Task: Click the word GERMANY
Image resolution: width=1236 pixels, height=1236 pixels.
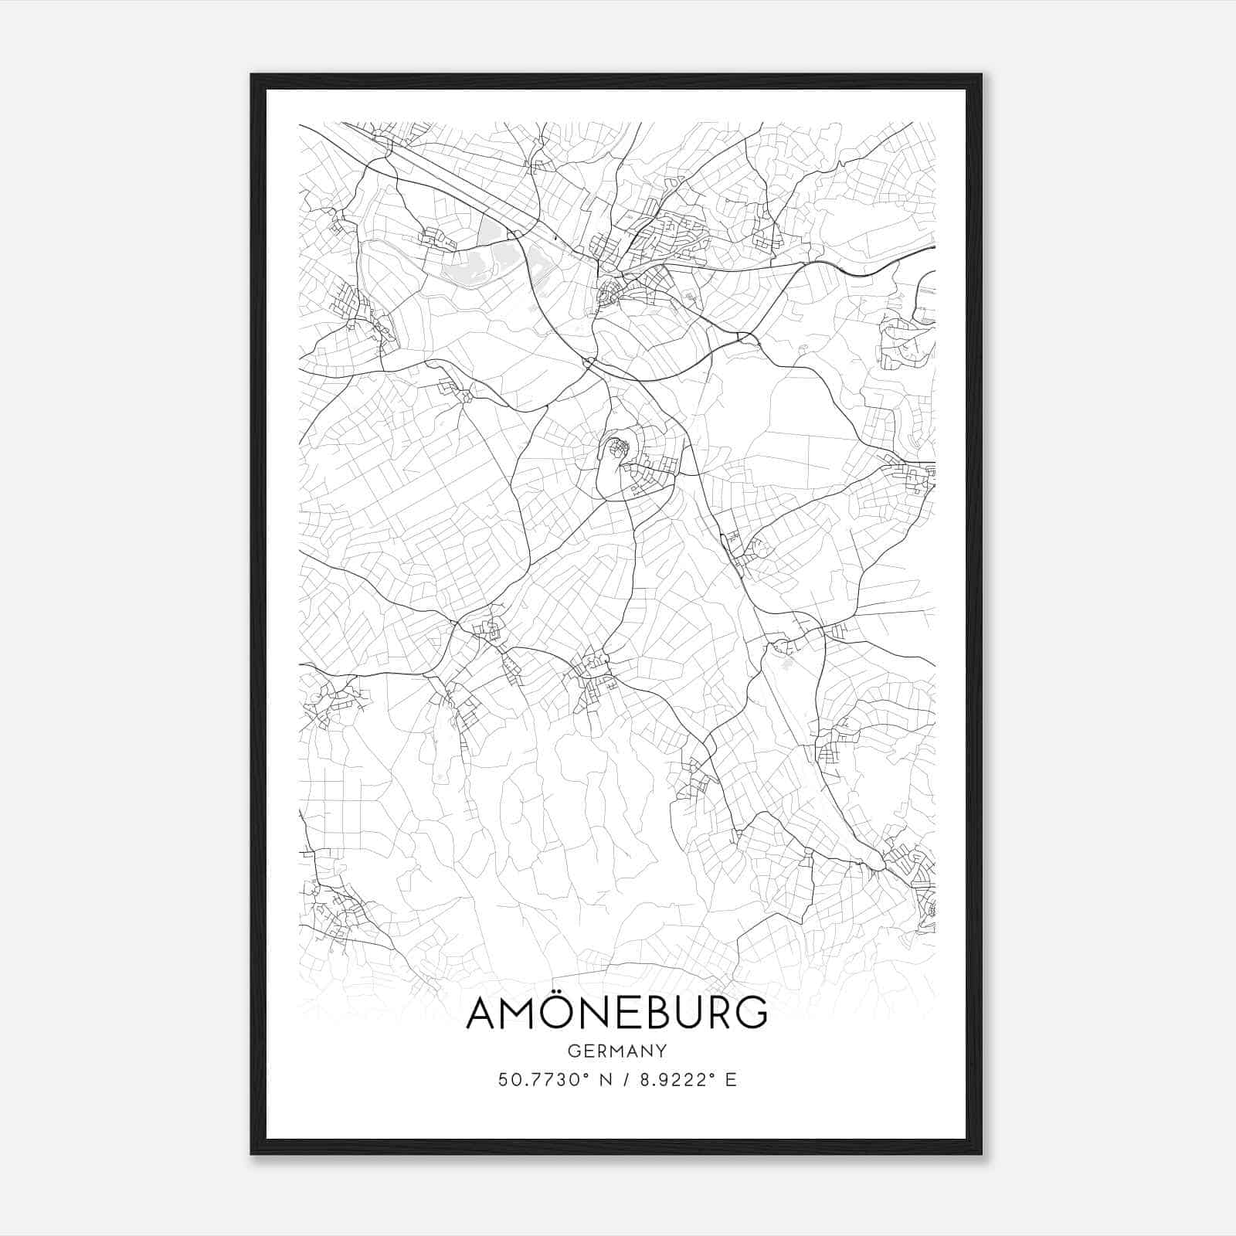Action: coord(617,1051)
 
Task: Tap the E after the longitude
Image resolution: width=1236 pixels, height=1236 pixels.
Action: coord(730,1080)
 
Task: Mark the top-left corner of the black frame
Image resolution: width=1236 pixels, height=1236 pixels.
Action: coord(252,75)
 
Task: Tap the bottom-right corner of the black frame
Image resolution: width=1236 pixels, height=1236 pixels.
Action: coord(980,1153)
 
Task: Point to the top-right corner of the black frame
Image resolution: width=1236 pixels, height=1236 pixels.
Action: coord(980,75)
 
